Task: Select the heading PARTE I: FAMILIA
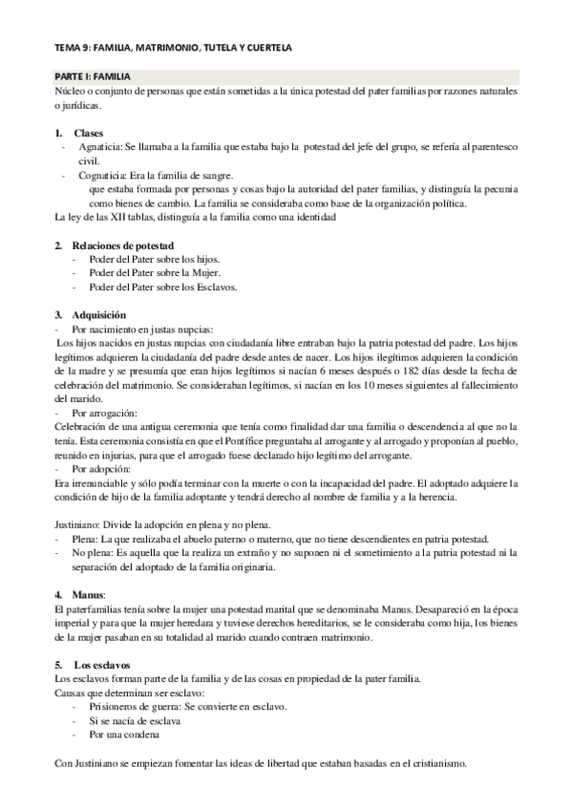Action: pos(93,75)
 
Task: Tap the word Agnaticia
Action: pos(96,147)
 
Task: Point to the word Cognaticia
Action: pos(99,175)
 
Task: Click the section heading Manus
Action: pos(89,594)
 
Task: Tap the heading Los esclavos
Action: pos(102,665)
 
